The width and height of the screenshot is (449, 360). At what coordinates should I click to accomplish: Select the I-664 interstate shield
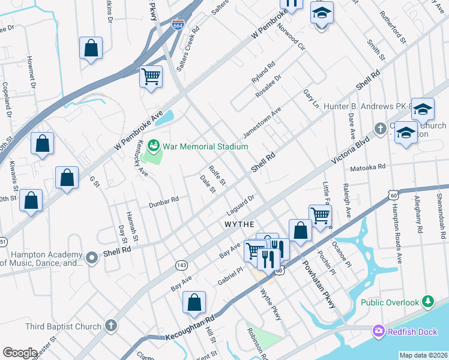pos(178,26)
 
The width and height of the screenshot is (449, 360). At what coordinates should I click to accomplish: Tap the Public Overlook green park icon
pos(427,302)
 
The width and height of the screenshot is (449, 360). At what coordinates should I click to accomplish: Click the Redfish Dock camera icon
pos(378,331)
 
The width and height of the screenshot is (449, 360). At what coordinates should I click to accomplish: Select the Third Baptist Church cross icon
pos(110,326)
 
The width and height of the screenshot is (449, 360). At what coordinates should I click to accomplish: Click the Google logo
pos(20,353)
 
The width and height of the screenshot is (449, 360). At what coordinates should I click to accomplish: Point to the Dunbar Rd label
pos(164,202)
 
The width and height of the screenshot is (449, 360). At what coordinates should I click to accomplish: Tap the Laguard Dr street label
pos(241,205)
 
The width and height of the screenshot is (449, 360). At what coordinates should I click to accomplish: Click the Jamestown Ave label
pos(262,122)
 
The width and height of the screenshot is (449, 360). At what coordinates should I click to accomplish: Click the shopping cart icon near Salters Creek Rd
pos(151,76)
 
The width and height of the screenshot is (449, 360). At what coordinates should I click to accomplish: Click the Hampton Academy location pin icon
pos(91,259)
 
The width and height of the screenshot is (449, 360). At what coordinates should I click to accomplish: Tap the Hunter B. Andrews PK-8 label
pos(367,106)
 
